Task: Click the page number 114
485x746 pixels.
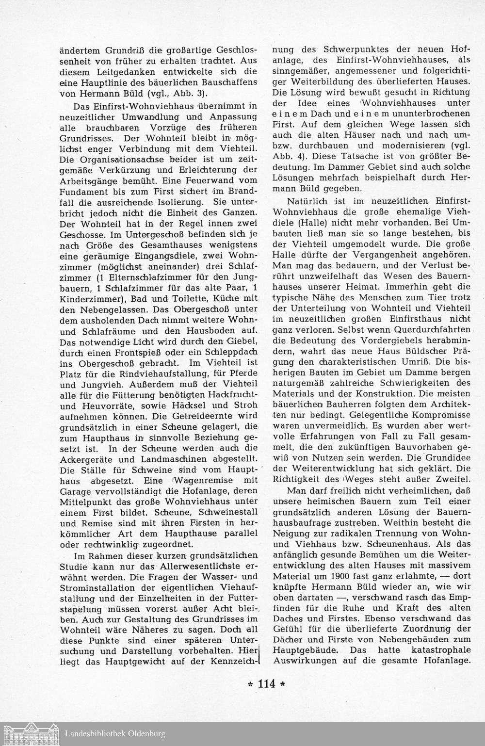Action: click(267, 684)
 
